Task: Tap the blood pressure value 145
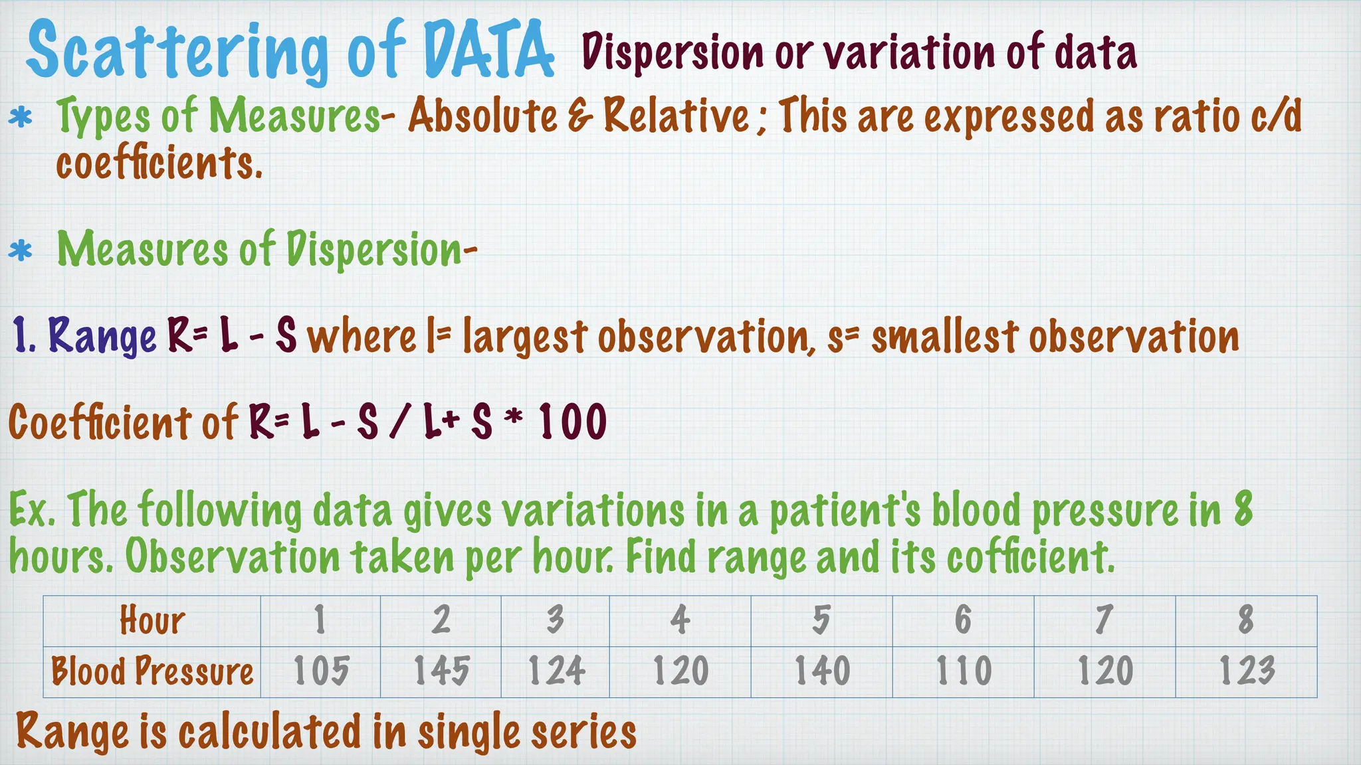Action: point(441,671)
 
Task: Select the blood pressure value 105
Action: point(321,671)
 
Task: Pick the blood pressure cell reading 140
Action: point(822,671)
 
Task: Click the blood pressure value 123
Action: point(1247,671)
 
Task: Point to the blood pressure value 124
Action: point(556,671)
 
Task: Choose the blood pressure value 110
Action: point(964,671)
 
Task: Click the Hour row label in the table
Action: point(152,621)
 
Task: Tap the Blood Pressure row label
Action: point(152,671)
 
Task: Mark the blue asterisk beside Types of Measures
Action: point(21,119)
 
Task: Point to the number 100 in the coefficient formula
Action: point(573,422)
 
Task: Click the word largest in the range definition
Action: point(526,336)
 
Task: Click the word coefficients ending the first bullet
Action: point(159,163)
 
